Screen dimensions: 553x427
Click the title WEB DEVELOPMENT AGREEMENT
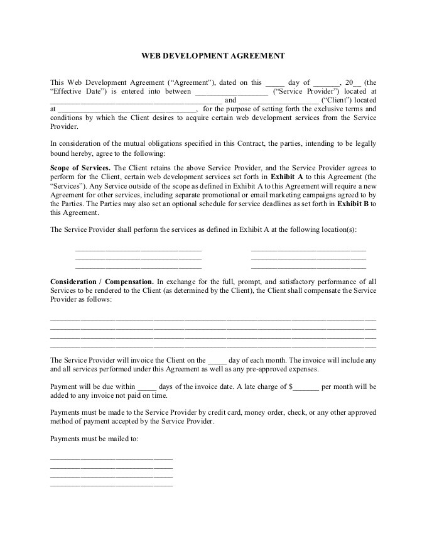tap(213, 56)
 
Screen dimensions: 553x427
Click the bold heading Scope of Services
tap(80, 168)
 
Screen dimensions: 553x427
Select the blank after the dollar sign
tap(305, 386)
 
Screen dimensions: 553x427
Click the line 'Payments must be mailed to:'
tap(94, 439)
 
